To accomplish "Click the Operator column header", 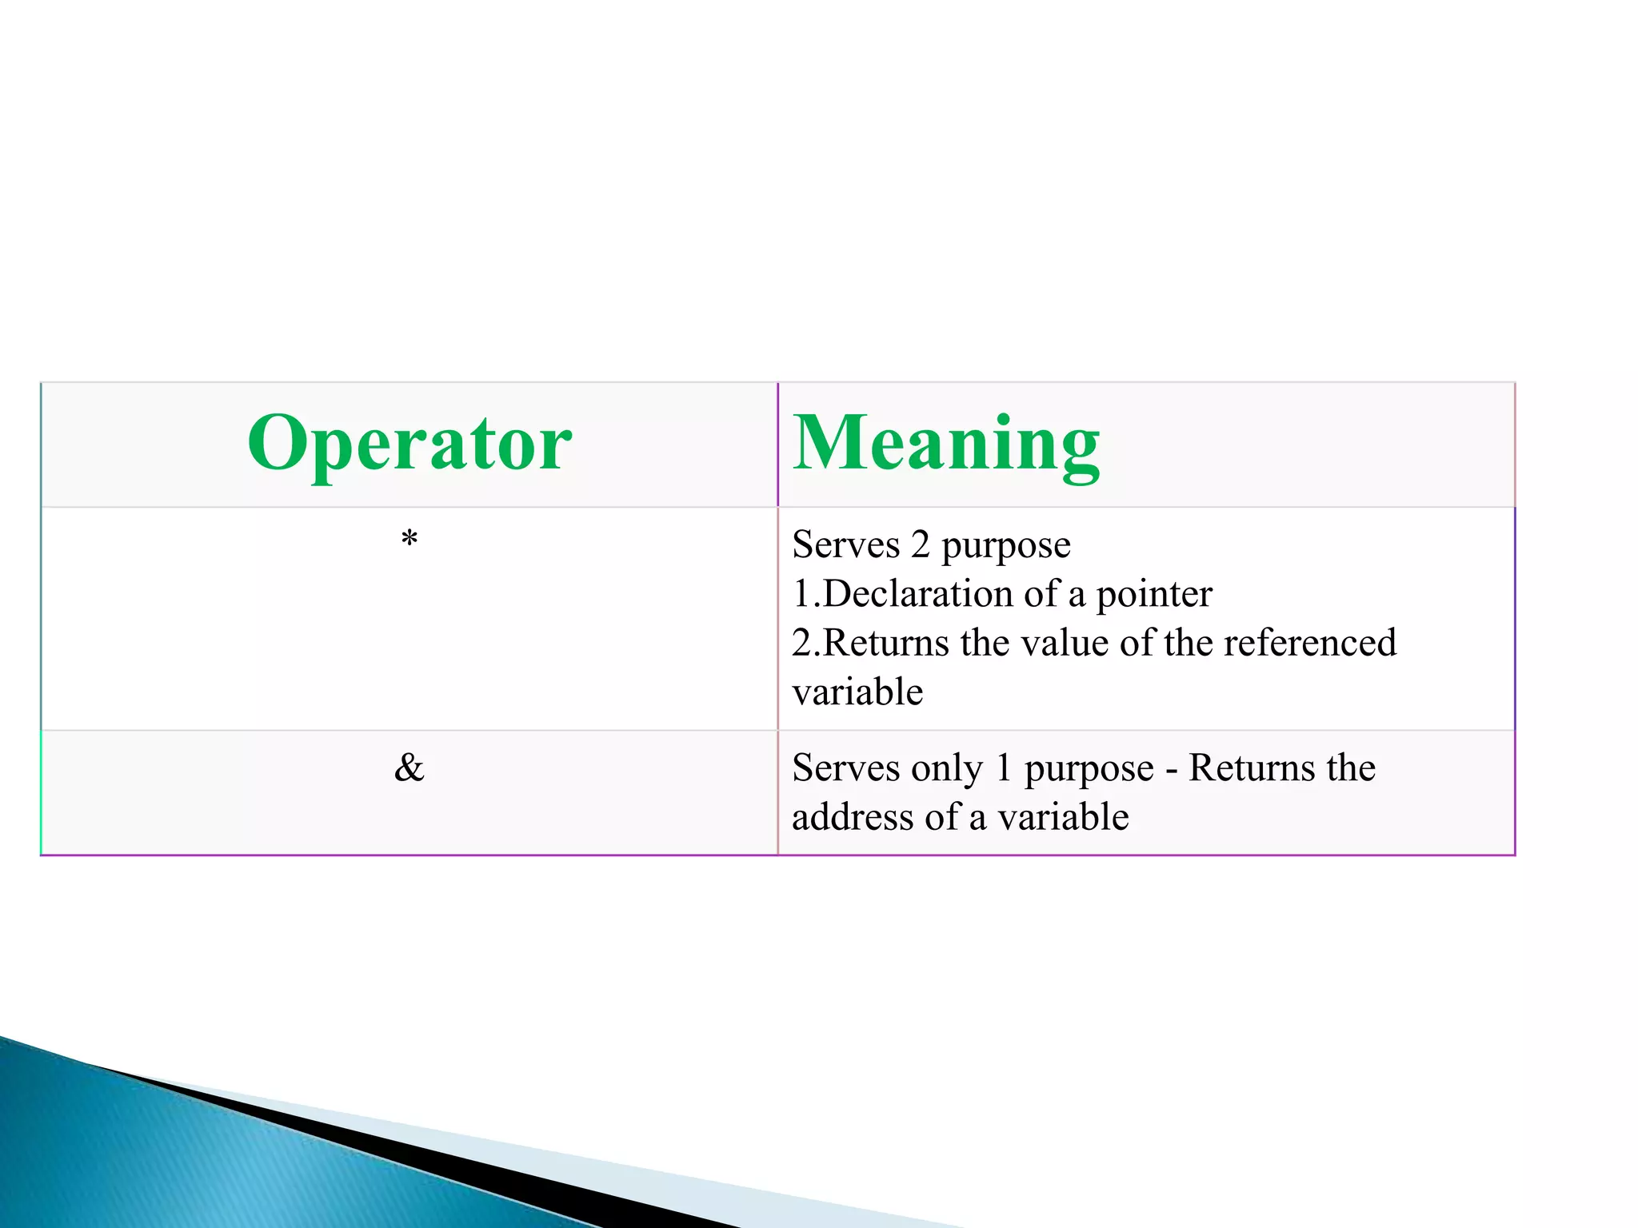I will (409, 444).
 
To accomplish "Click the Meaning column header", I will (946, 444).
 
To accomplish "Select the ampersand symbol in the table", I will (409, 768).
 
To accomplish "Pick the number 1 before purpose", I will (1003, 768).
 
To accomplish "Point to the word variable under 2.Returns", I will (857, 692).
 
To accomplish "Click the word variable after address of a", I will (1063, 817).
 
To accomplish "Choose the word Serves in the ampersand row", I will (845, 768).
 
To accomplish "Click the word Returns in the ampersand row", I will (1254, 768).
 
